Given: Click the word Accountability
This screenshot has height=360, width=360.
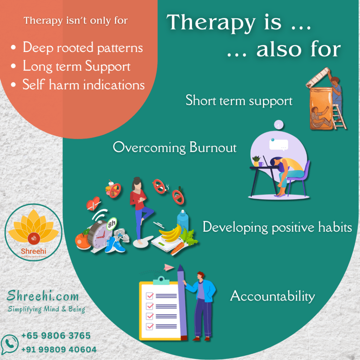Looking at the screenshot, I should [272, 296].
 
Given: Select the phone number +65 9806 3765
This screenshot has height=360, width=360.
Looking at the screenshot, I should [56, 335].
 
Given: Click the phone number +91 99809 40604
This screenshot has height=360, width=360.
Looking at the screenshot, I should [59, 349].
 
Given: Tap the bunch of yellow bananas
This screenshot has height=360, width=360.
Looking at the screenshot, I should [170, 233].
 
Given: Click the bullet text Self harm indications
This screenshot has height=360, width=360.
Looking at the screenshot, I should [83, 85].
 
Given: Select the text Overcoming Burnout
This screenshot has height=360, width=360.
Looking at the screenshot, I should [175, 147].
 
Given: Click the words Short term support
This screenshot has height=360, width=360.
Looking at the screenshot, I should [239, 101].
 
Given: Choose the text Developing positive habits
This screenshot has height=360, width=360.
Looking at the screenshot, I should [277, 227].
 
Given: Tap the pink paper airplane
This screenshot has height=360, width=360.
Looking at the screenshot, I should [169, 268].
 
